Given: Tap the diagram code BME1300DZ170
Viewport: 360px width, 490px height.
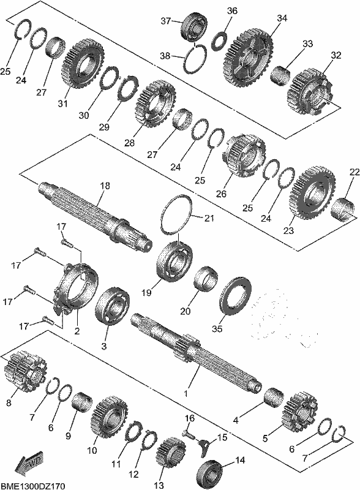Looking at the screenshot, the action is coord(33,486).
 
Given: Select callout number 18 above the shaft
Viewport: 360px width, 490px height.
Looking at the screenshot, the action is coord(105,186).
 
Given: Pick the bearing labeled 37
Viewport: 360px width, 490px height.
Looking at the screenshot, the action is coord(193,26).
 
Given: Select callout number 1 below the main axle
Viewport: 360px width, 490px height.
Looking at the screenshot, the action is coord(187,393).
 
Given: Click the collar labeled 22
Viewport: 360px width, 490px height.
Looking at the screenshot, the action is coord(343,209).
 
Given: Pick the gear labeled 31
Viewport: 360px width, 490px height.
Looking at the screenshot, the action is coord(84,64).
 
